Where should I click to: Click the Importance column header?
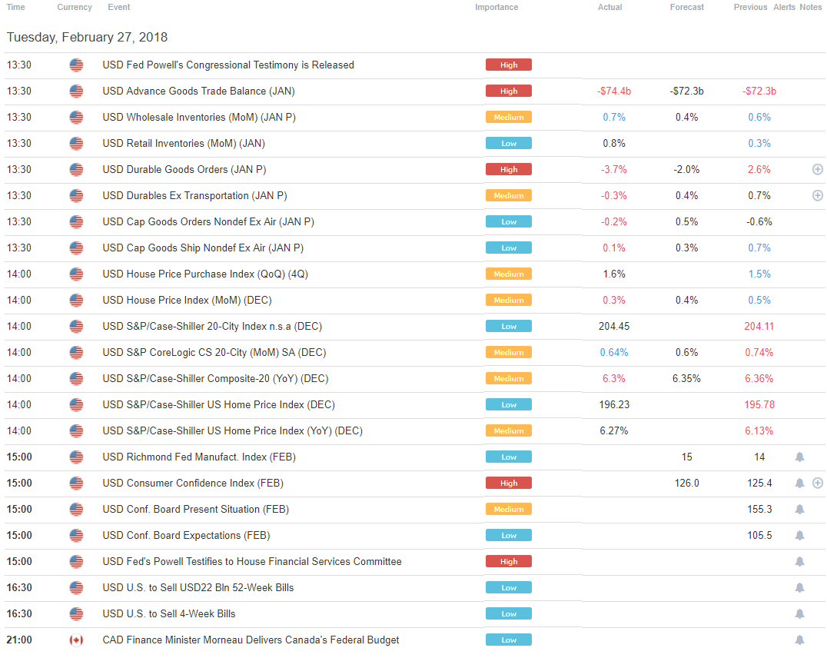[496, 7]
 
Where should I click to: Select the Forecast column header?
[686, 7]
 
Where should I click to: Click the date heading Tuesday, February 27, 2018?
[87, 37]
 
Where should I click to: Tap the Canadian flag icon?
[76, 640]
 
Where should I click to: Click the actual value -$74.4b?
[613, 91]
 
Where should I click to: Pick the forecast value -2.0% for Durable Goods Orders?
[686, 170]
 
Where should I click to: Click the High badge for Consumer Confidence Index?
[508, 484]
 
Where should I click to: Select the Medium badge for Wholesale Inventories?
[508, 118]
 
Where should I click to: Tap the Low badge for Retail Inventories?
[508, 144]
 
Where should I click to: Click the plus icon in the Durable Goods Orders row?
[817, 170]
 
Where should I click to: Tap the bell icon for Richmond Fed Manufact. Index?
[799, 457]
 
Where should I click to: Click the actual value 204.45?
[613, 327]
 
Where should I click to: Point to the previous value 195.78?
[759, 405]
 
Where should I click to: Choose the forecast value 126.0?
[686, 484]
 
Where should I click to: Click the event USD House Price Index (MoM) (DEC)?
[187, 301]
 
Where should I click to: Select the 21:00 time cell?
[18, 640]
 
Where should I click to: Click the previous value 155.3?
[759, 510]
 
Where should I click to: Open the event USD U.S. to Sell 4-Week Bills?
[168, 614]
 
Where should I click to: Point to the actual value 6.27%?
[613, 431]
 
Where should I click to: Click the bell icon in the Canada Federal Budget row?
[799, 640]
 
